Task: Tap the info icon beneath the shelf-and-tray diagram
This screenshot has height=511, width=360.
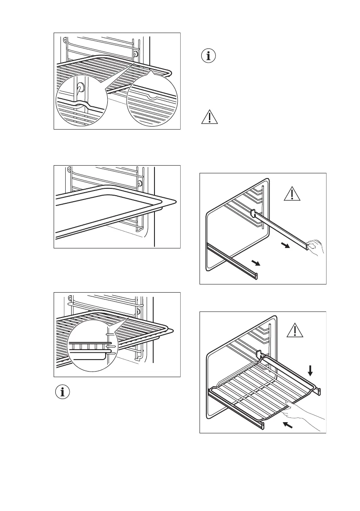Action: (x=63, y=391)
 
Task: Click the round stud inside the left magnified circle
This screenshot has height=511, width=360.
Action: (x=80, y=88)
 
